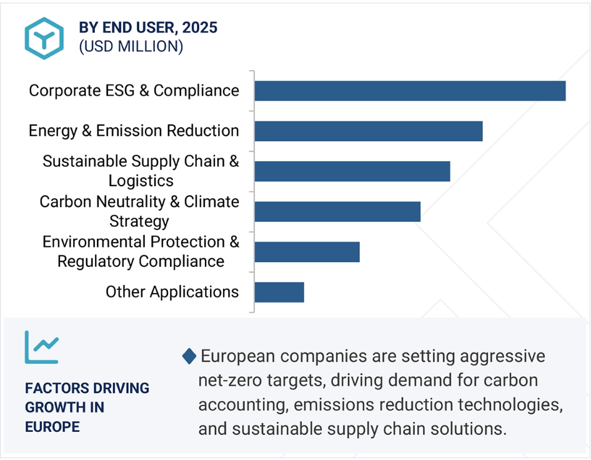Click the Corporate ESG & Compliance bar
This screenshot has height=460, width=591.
(x=410, y=91)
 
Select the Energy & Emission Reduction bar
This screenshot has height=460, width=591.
(x=369, y=131)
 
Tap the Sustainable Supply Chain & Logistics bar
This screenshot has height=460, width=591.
(x=352, y=171)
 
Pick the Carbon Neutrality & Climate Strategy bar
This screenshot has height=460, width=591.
(x=338, y=212)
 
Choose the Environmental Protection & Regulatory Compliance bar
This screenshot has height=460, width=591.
(x=307, y=252)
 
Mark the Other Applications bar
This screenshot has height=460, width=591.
(x=279, y=292)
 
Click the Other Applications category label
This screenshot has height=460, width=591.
(x=172, y=292)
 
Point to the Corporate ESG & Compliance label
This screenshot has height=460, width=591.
(x=134, y=91)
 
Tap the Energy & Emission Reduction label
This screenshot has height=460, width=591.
(x=134, y=131)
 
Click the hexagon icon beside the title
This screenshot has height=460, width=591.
(x=44, y=38)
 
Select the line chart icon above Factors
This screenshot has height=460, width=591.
(x=42, y=347)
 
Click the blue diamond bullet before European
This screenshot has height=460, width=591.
(x=189, y=356)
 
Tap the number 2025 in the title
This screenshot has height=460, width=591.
(x=200, y=27)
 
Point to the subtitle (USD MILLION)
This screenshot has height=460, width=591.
(x=131, y=46)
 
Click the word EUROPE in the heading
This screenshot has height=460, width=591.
(x=52, y=427)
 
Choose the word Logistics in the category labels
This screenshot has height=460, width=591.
(x=141, y=181)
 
